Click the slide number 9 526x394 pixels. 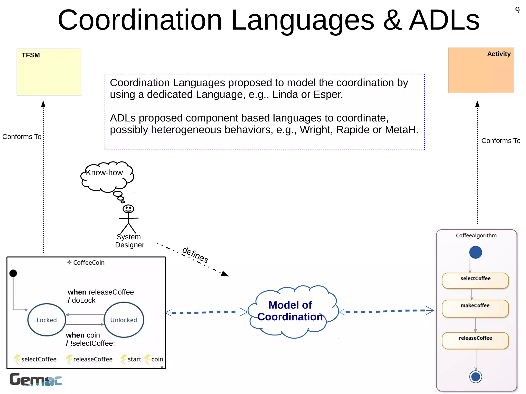[517, 10]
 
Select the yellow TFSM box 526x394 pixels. [49, 72]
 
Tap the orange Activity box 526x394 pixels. [481, 70]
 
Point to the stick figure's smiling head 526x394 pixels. [128, 209]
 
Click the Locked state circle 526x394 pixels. [47, 320]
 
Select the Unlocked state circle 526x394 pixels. [124, 320]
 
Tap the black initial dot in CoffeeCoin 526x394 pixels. [13, 273]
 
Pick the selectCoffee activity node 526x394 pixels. [475, 280]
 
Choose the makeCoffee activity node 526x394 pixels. [475, 308]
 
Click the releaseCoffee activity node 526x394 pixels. [475, 340]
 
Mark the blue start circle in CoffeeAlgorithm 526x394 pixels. [475, 252]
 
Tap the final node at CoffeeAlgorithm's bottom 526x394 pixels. [475, 377]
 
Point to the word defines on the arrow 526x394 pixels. [195, 255]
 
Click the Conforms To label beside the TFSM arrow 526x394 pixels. [22, 137]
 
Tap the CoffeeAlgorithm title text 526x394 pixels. [476, 236]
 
